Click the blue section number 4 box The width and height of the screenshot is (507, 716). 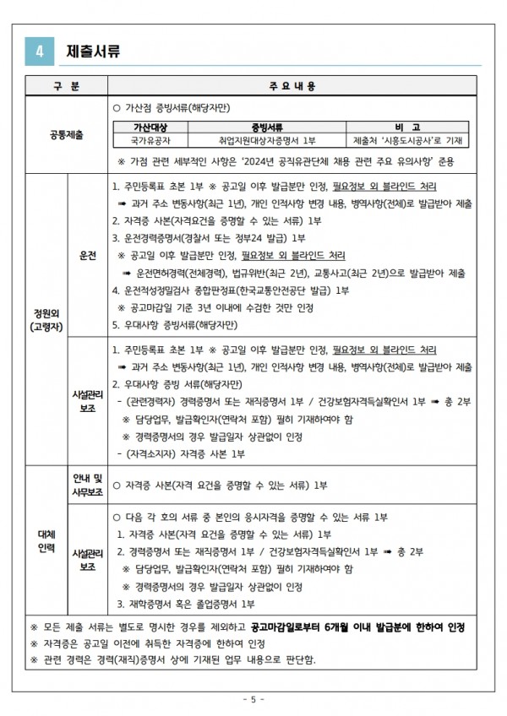coord(40,51)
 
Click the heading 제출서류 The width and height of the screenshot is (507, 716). coord(93,51)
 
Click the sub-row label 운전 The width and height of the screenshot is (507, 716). coord(88,255)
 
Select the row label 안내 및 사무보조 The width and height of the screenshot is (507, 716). coord(88,485)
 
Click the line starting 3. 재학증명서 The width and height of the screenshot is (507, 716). coord(186,605)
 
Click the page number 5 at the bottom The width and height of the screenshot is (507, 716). coord(253,700)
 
